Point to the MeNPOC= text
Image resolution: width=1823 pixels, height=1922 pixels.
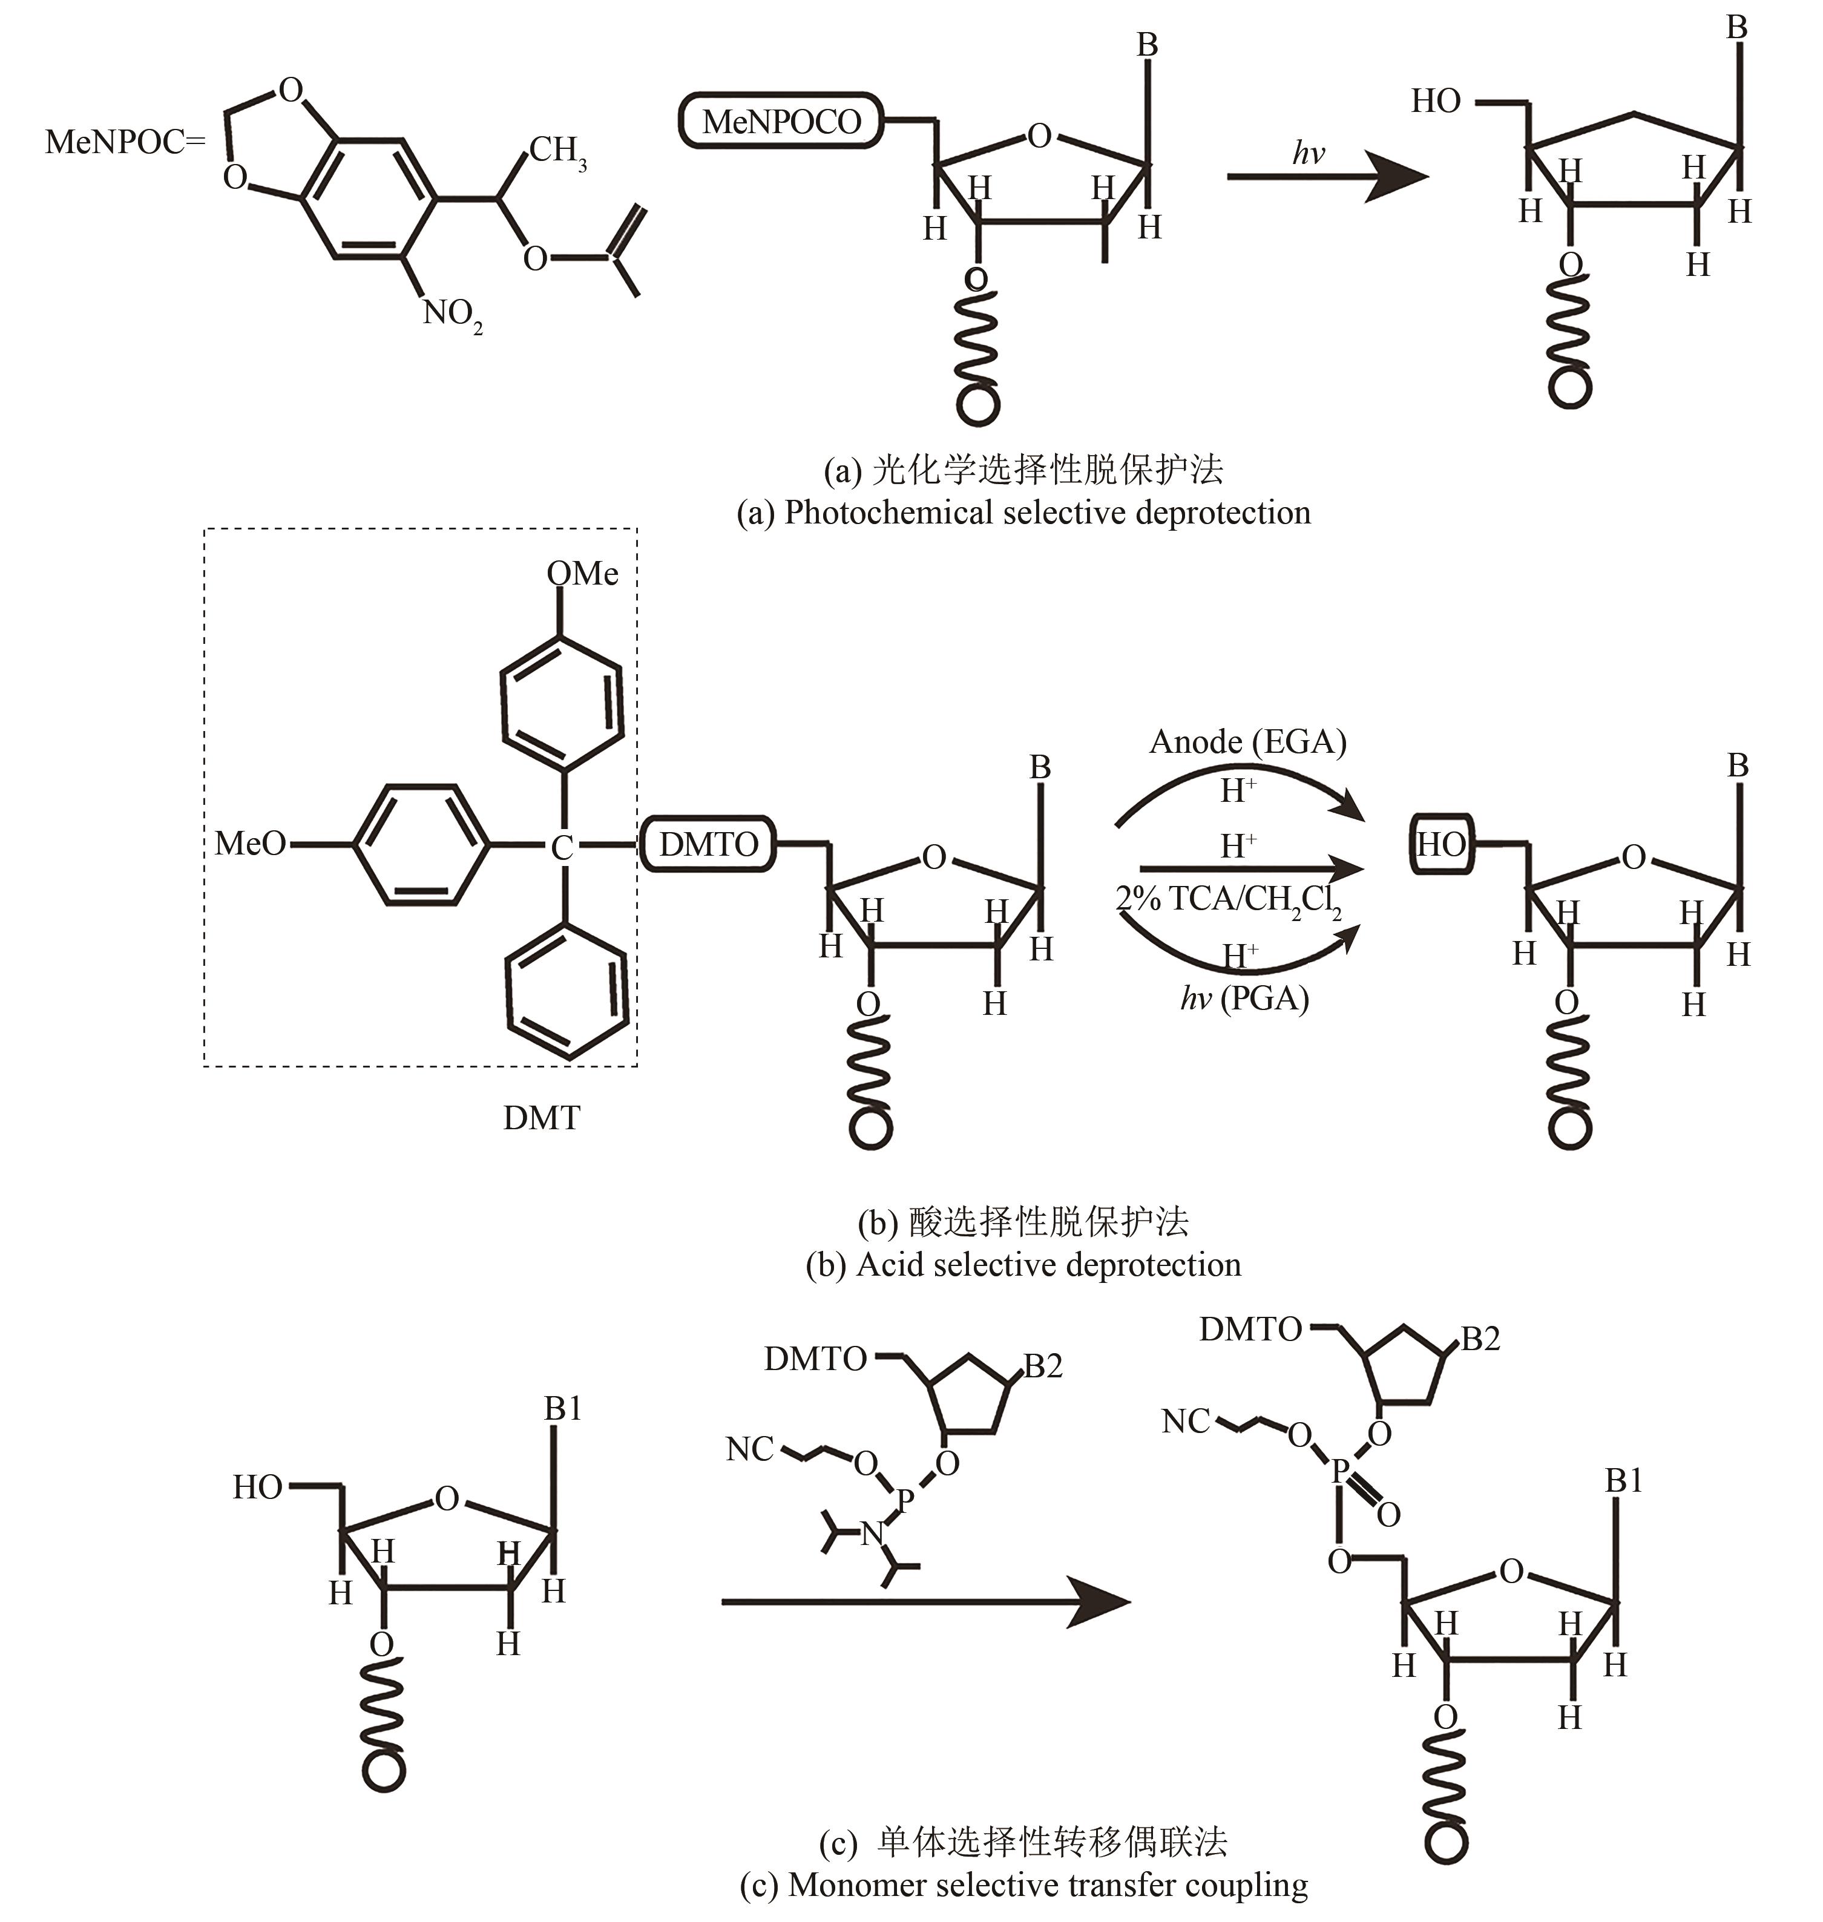pyautogui.click(x=125, y=143)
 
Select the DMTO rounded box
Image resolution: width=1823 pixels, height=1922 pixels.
pyautogui.click(x=708, y=844)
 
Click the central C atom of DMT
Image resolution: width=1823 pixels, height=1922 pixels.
pyautogui.click(x=562, y=848)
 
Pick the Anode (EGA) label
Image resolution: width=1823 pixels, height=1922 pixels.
pyautogui.click(x=1248, y=743)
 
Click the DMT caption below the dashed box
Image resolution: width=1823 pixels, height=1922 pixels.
pyautogui.click(x=541, y=1118)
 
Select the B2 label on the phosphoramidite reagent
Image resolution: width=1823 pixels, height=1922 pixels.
pyautogui.click(x=1043, y=1366)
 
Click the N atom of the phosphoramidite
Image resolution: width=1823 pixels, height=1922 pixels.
pyautogui.click(x=873, y=1533)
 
